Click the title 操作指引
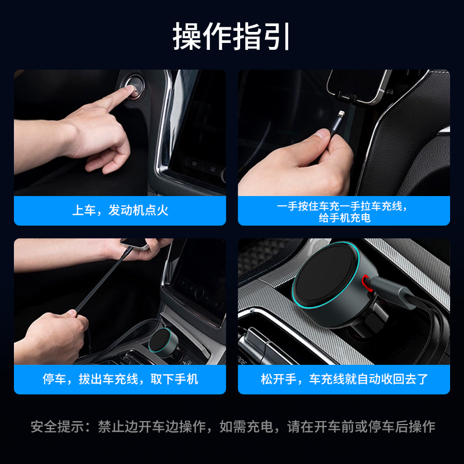231,37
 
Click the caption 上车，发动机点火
120,211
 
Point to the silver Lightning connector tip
341,114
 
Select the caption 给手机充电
345,218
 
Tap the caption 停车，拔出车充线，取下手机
120,379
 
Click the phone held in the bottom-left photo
135,243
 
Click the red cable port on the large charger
367,282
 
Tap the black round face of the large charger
325,274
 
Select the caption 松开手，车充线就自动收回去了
344,379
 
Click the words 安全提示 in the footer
57,427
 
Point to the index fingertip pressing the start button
130,89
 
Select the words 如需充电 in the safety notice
246,427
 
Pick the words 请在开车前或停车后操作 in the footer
361,427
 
